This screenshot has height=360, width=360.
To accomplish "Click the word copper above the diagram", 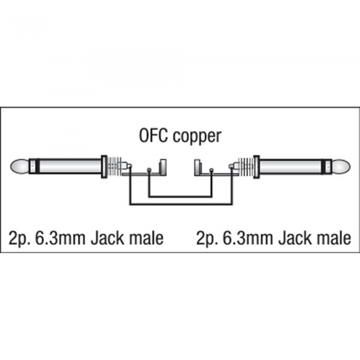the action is coord(197,137).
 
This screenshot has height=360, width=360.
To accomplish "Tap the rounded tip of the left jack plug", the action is coord(20,166).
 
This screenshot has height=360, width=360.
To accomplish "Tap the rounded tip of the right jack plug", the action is coord(340,166).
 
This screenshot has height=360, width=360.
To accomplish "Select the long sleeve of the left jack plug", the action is coord(70,166).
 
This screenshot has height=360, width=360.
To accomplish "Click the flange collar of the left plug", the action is coord(104,167).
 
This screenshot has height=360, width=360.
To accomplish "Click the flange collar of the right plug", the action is coord(257,167).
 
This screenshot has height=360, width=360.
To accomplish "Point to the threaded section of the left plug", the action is coord(114,166).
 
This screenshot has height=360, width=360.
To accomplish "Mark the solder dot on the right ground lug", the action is coord(211,170).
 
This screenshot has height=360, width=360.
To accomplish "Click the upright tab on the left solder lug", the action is coord(163,167).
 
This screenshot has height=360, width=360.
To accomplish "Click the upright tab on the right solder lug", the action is coord(197,167).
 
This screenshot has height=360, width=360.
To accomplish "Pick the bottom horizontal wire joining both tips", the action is coord(181,204).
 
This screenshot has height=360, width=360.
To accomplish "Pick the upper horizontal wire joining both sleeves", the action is coord(180,196).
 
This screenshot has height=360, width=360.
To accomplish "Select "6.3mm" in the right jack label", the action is coord(248,238).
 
